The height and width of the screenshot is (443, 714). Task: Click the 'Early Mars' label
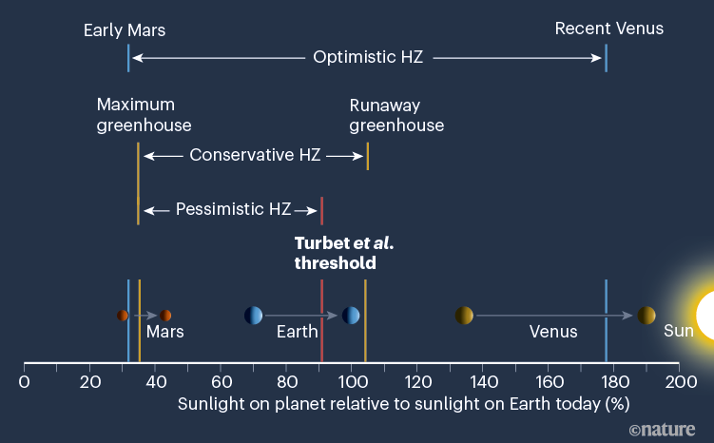click(x=124, y=29)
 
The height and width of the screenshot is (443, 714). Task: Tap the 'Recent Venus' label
click(x=608, y=29)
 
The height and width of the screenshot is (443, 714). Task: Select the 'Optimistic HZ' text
click(x=367, y=57)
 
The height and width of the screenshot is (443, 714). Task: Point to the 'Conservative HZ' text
click(x=255, y=154)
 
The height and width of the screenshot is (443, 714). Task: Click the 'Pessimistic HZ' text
click(x=233, y=209)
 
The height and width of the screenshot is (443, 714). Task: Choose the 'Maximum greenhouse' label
click(x=144, y=114)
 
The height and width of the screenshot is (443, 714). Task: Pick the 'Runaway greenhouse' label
click(x=396, y=114)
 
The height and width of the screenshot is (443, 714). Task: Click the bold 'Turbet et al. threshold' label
click(x=343, y=253)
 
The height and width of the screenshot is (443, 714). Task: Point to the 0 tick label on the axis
click(x=24, y=382)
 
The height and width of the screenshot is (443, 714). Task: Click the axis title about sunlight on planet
click(x=403, y=404)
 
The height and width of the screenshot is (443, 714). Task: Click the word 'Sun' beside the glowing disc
click(x=678, y=331)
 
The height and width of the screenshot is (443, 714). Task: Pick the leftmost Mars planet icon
click(x=123, y=316)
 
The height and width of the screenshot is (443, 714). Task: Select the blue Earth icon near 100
click(x=351, y=316)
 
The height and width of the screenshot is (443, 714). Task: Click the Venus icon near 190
click(x=646, y=316)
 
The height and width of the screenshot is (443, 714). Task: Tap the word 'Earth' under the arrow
click(x=297, y=332)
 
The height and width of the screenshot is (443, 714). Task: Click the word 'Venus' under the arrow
click(x=553, y=332)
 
